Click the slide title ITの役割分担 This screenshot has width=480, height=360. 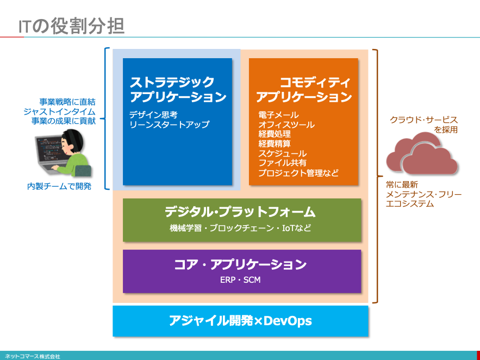(71, 26)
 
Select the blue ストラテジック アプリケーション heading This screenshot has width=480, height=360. (178, 89)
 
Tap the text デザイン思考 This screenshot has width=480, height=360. (153, 115)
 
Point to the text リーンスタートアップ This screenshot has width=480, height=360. (169, 125)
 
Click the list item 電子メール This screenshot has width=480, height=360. (278, 115)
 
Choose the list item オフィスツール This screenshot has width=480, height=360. (286, 125)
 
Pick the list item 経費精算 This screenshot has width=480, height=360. (275, 144)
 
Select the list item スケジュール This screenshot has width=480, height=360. (283, 153)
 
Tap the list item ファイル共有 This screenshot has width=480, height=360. (283, 163)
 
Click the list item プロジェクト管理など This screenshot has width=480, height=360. (298, 173)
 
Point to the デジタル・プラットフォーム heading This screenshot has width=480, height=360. (240, 212)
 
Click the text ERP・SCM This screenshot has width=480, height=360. (240, 280)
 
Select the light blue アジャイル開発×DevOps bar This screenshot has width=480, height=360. (240, 321)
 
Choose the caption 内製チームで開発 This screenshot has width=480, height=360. (59, 186)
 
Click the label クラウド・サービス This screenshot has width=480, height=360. (423, 120)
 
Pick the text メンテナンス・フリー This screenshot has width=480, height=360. (423, 194)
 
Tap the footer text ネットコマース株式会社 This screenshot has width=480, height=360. (33, 357)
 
